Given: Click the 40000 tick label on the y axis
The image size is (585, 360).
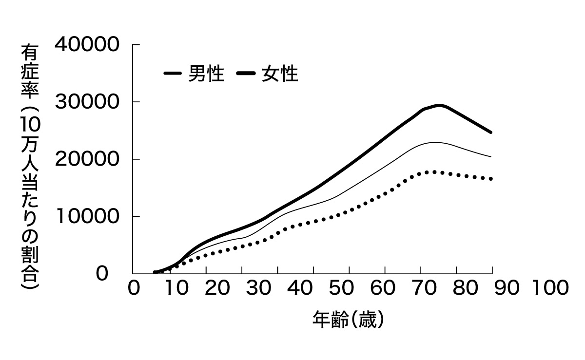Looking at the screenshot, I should click(x=87, y=45).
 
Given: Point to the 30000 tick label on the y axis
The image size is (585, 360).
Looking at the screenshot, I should click(x=87, y=102).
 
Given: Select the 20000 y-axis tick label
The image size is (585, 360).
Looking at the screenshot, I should click(x=87, y=159).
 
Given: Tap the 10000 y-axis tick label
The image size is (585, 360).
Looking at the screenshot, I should click(x=87, y=216).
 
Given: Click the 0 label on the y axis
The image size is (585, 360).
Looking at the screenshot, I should click(x=101, y=274).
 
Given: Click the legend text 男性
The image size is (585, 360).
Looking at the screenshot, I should click(x=206, y=74).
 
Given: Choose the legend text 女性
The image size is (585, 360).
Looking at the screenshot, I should click(x=279, y=74).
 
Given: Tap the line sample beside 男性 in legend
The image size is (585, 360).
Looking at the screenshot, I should click(x=173, y=74).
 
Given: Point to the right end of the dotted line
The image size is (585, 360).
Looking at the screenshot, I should click(x=491, y=179).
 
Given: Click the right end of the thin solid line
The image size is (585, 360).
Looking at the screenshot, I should click(x=491, y=157).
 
